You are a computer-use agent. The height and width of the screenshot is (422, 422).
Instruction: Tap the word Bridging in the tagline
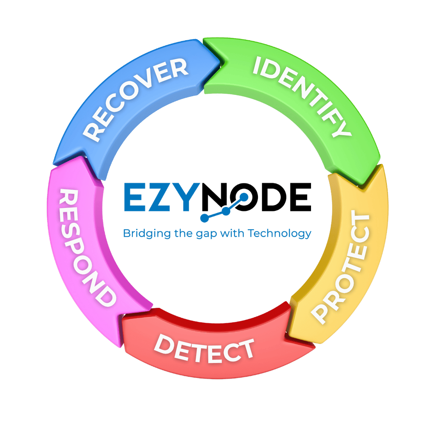tap(141, 234)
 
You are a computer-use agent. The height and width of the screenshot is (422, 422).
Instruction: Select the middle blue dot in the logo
tap(226, 210)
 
